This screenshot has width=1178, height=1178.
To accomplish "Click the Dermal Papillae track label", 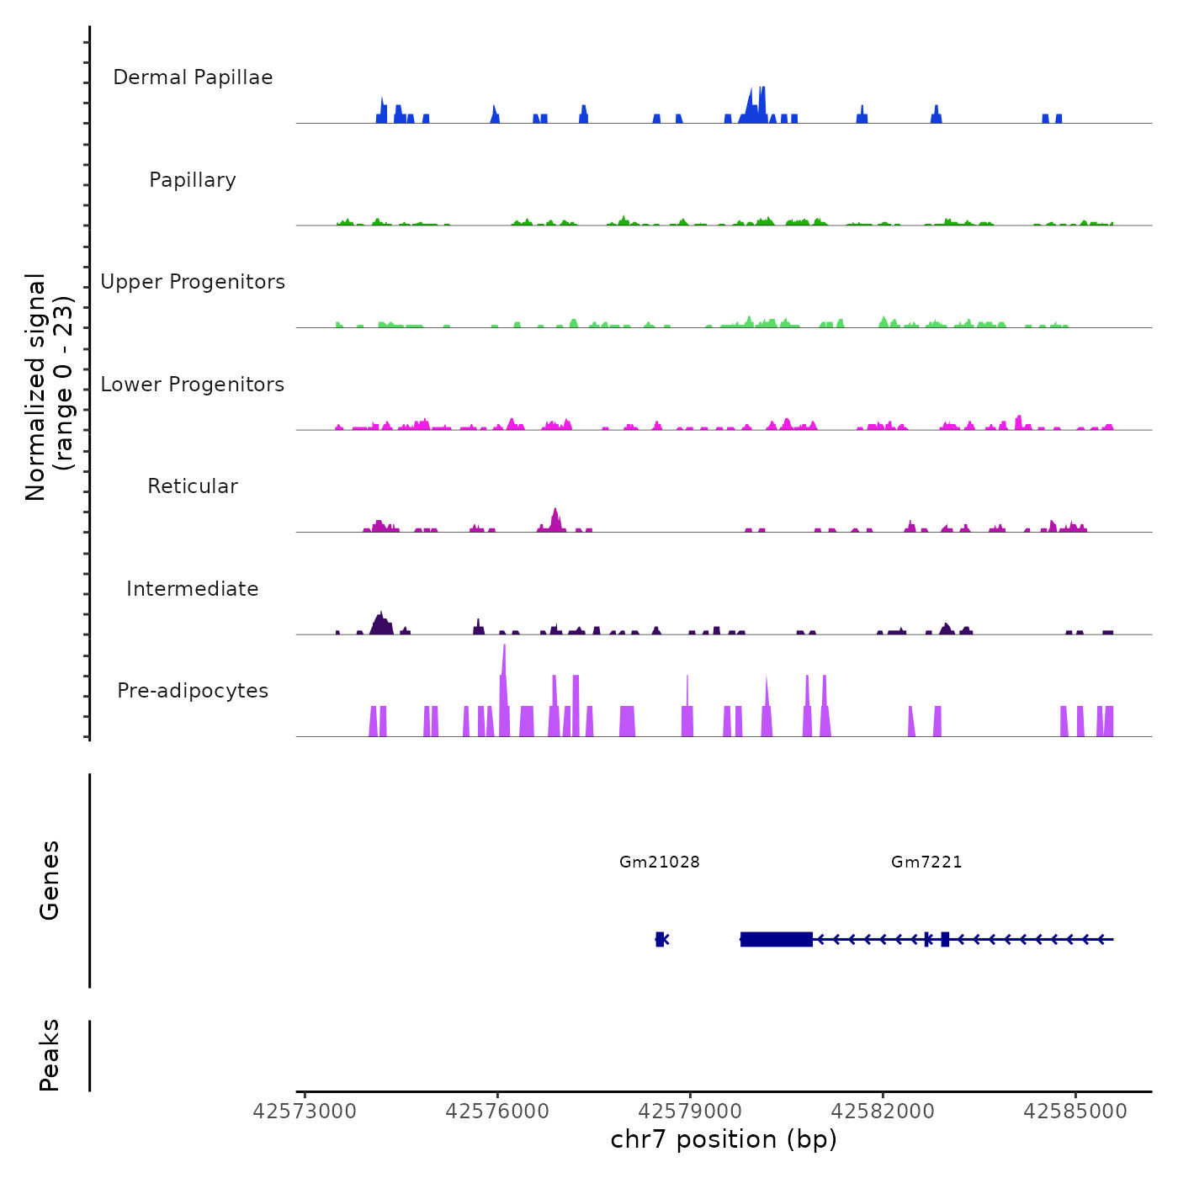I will coord(193,77).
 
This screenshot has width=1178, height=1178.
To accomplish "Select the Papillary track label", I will coord(193,180).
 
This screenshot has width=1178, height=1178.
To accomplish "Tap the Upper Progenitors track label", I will coord(193,282).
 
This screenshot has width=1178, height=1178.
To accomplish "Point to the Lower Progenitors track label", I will coord(193,385).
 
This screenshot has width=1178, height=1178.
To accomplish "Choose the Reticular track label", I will coord(193,486).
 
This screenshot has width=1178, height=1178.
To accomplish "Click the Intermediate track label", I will coord(193,589).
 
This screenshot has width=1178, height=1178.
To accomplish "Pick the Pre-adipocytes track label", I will coord(193,691).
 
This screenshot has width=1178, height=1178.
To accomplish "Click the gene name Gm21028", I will coord(660,862).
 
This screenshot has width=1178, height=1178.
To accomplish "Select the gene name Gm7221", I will coord(926,862).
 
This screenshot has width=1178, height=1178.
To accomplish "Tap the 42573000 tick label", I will coord(305,1112).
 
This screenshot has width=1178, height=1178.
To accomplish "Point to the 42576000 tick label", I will coord(497,1112).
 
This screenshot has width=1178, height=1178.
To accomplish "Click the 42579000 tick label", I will coord(690,1112).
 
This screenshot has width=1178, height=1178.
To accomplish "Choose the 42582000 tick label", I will coord(883,1112).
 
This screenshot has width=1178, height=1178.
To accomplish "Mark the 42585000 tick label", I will coord(1075,1112).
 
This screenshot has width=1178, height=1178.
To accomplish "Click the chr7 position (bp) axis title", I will coord(724,1139).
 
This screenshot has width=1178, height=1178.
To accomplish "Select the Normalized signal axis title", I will coord(49,387).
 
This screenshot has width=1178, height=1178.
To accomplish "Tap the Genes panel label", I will coord(50,880).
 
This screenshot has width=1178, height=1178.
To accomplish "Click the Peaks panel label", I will coord(50,1055).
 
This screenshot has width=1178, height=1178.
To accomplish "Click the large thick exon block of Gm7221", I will coord(777,939).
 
